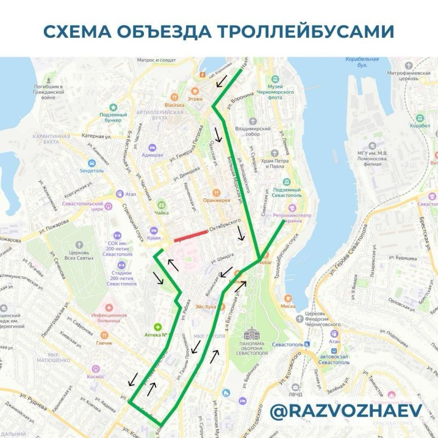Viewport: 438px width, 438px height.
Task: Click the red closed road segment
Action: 191,236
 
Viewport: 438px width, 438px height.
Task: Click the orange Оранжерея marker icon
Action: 217,192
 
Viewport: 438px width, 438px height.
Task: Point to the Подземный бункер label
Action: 113,118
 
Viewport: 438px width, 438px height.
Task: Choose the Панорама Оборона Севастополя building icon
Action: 252,333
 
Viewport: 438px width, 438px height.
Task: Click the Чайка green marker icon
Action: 162,203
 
